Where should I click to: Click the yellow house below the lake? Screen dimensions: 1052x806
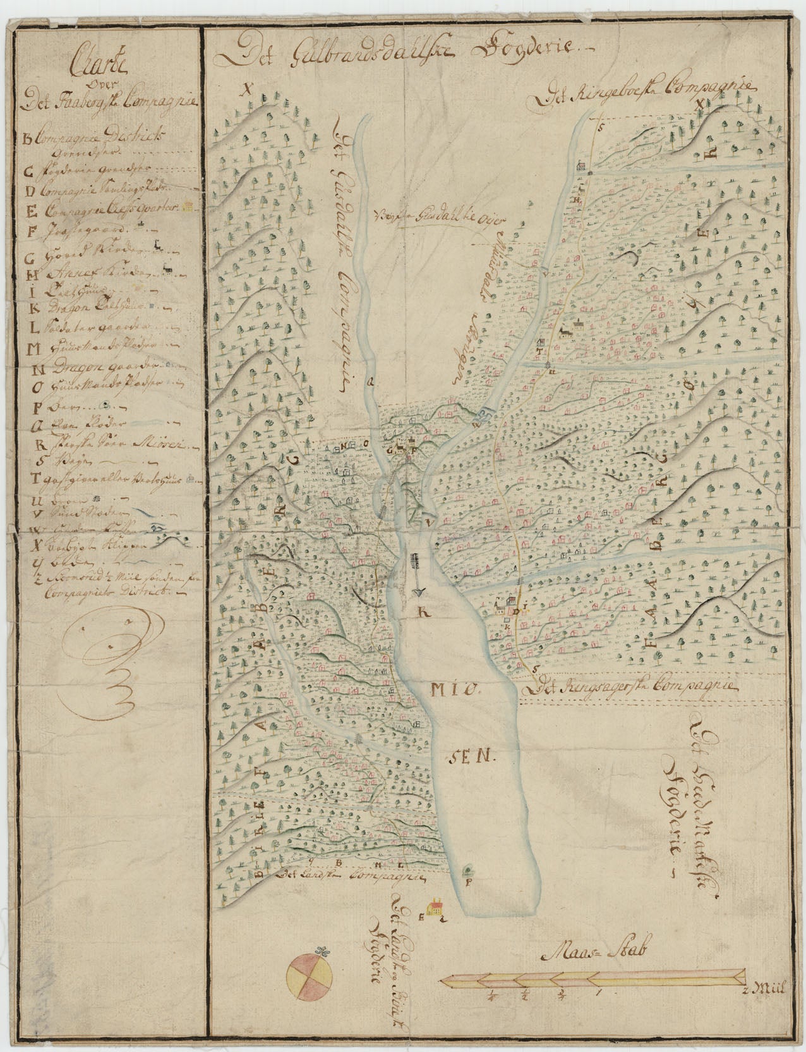(434, 909)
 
